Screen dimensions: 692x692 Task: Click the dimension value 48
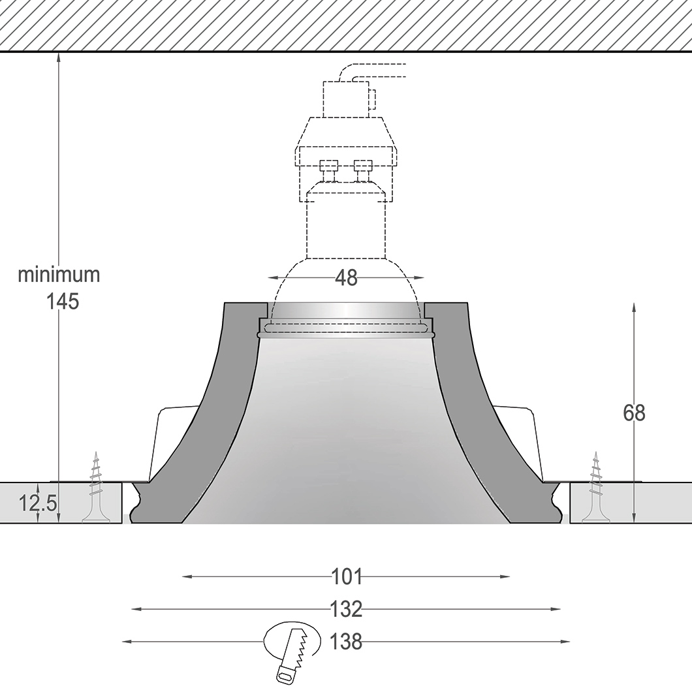(346, 278)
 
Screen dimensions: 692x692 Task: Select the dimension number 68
(634, 413)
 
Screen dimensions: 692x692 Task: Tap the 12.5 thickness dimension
(38, 503)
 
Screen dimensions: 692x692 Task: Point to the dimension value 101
(347, 577)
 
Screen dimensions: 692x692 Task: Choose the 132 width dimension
(347, 609)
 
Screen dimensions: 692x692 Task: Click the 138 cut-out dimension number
(347, 641)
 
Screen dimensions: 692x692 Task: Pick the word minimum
(59, 274)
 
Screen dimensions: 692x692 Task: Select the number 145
(63, 302)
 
